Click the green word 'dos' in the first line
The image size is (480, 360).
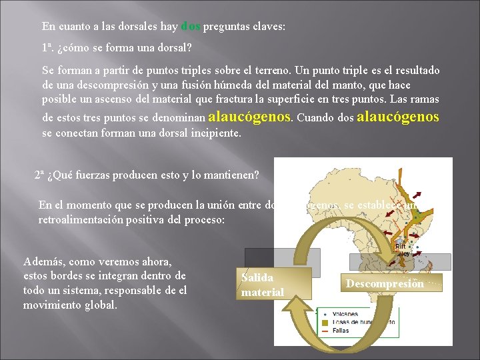[191, 27]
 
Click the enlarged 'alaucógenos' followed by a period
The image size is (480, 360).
[250, 117]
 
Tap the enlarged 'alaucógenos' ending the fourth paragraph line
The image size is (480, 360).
[399, 117]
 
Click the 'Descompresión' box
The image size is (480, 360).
[384, 283]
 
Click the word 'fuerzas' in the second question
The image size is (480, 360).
[95, 176]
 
